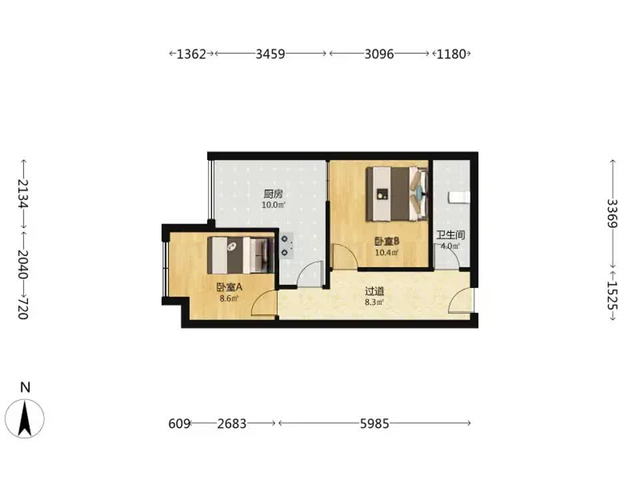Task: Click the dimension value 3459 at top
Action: [x=270, y=54]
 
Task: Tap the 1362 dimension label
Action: [x=191, y=54]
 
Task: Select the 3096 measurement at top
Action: [x=379, y=54]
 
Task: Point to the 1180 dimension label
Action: [x=451, y=54]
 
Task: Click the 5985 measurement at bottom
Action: [x=374, y=424]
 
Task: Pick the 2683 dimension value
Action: [x=231, y=424]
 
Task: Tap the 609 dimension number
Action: [x=179, y=424]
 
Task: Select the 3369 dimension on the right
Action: [x=612, y=213]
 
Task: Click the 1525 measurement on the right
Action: [x=612, y=296]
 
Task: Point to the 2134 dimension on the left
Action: [x=23, y=193]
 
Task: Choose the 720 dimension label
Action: [x=23, y=308]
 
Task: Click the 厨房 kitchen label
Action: [x=273, y=194]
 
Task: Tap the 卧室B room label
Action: [x=387, y=241]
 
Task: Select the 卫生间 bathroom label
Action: [x=451, y=235]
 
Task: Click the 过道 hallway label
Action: [x=374, y=291]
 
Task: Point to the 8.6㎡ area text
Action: [x=229, y=299]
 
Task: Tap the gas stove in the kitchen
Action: [x=286, y=246]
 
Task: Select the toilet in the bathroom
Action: [x=459, y=197]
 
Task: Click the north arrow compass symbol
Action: [x=25, y=419]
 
